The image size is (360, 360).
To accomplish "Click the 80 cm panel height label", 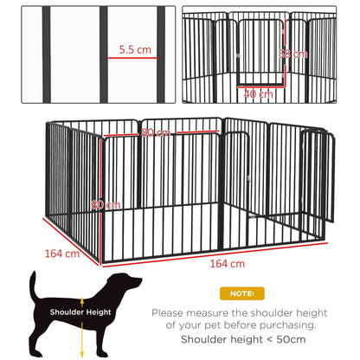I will pyautogui.click(x=104, y=204).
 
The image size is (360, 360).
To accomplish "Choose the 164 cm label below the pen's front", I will pyautogui.click(x=226, y=262).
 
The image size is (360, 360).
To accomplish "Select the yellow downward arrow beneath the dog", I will pyautogui.click(x=82, y=337).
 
